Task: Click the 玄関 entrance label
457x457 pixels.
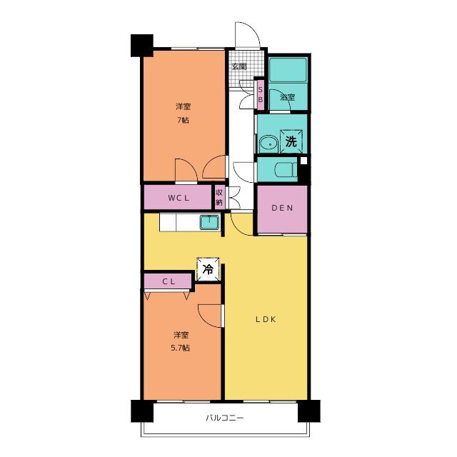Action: point(239,66)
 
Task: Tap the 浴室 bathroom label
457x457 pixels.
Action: point(287,97)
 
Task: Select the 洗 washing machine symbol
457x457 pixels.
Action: point(291,141)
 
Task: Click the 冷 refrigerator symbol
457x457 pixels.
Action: point(208,269)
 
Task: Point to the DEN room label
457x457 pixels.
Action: point(282,208)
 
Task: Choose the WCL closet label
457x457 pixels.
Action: point(179,199)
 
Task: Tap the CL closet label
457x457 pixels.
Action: point(169,281)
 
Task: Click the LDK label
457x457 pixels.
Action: point(266,319)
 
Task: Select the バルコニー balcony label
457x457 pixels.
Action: point(225,418)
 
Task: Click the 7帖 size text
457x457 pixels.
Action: point(183,120)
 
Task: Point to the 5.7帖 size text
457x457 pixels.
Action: point(181,348)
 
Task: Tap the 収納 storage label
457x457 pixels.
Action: point(219,197)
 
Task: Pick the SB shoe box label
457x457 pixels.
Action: point(261,95)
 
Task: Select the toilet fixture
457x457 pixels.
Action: point(286,170)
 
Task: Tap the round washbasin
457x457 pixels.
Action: point(268,144)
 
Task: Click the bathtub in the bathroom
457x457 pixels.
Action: point(288,70)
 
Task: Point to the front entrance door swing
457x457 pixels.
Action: point(247,34)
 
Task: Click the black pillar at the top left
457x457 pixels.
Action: point(142,46)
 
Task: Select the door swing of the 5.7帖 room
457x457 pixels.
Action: point(209,316)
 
